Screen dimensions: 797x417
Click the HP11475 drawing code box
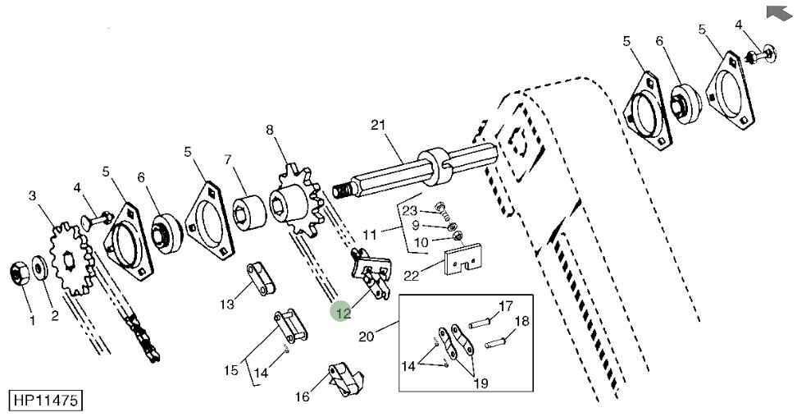pos(45,401)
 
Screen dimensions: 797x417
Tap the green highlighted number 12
pos(343,312)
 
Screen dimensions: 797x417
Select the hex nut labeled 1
pos(20,273)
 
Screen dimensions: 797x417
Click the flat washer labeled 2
pos(39,268)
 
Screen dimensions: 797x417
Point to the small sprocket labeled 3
pos(71,259)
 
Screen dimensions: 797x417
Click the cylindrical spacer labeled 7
pos(249,212)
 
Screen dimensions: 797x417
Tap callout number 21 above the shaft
pos(378,125)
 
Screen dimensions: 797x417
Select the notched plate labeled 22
pos(463,259)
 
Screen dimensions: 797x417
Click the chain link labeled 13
pos(262,278)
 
